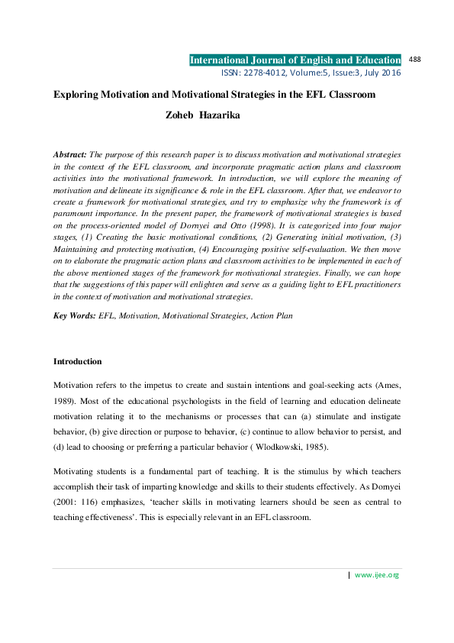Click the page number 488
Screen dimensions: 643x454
click(416, 59)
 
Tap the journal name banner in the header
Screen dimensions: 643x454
click(295, 60)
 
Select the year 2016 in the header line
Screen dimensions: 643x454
click(389, 73)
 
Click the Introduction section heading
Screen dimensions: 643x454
click(77, 361)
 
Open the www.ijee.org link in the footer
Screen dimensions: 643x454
click(377, 574)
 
